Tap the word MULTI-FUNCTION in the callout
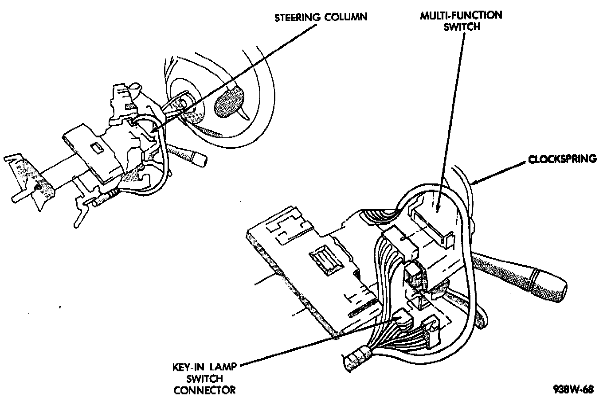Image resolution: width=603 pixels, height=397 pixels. [x=461, y=15]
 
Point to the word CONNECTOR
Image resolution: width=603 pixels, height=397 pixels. [x=205, y=390]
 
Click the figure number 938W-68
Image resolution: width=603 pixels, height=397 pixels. [x=573, y=390]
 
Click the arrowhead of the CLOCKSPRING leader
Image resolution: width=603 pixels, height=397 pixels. [x=474, y=182]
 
